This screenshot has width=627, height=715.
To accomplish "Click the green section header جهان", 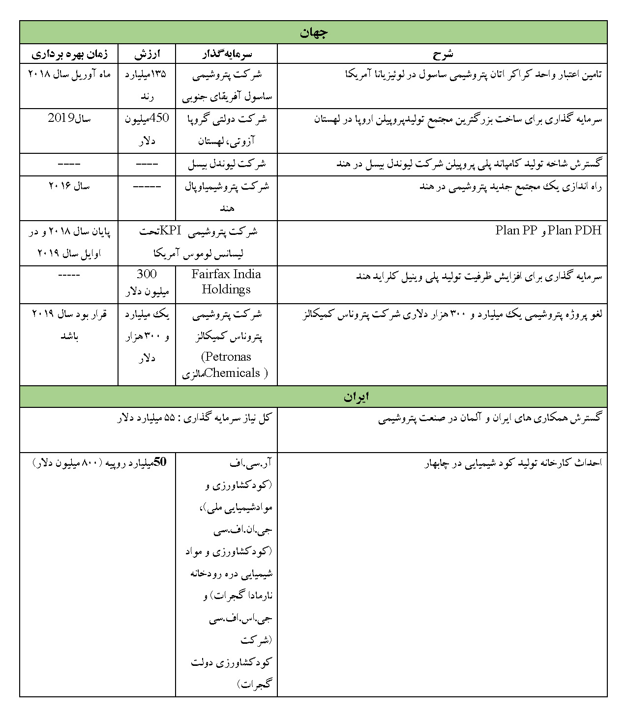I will pos(313,32).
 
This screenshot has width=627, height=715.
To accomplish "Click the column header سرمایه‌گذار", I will pos(227,54).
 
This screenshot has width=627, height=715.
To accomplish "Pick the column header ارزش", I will pos(147,54).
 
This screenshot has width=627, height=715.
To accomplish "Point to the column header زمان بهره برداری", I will pos(69,54).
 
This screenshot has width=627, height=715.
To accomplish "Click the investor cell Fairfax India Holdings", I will pos(226,282).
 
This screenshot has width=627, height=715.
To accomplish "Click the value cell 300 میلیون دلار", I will pos(147,282).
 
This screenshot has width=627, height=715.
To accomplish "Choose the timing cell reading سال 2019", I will pos(69,118).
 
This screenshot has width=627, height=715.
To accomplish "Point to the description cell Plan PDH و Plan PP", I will pos(548,230).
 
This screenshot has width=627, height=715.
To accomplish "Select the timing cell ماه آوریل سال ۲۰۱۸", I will pos(69,74).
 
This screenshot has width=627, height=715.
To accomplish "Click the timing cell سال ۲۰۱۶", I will pos(69,186).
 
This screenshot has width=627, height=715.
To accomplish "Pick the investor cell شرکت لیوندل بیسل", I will pos(227,165).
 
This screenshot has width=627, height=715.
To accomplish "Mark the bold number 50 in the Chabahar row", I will pos(161,462).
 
